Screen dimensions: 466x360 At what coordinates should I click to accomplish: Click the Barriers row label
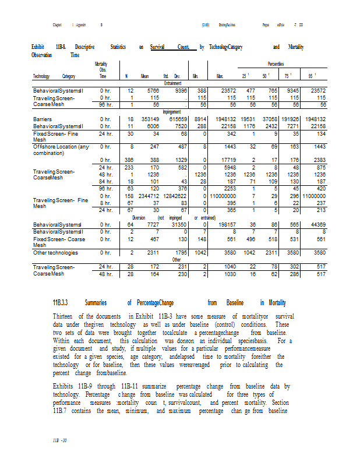42,118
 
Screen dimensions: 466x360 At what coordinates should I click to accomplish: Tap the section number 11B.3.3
61,303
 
